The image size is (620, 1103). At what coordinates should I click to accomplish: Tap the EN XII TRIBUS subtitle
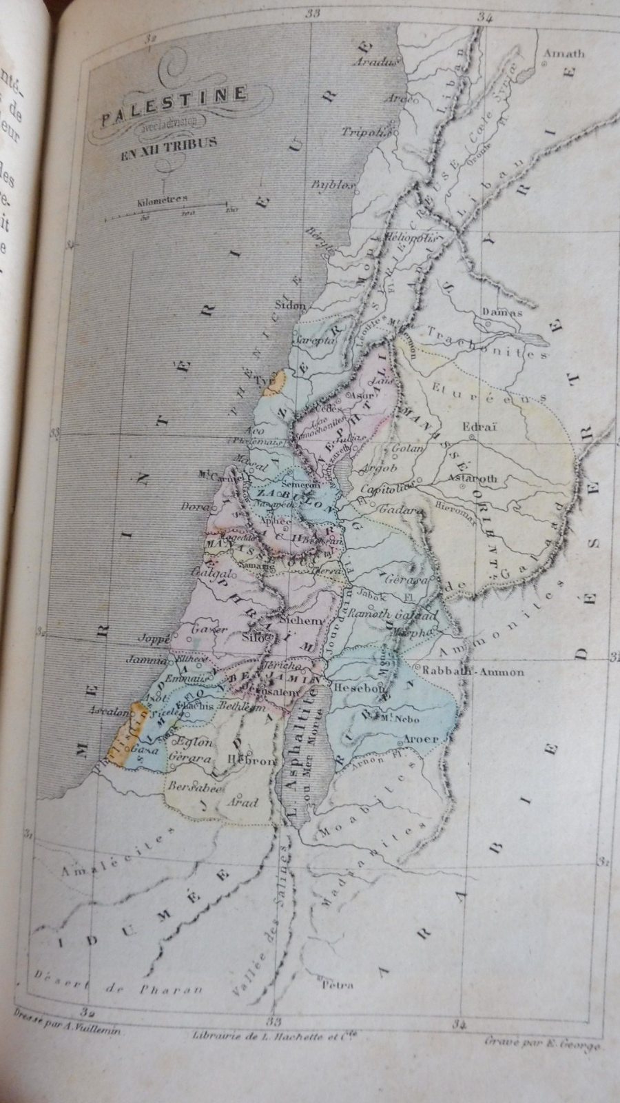tap(169, 143)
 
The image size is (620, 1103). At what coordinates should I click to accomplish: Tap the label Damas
tap(502, 312)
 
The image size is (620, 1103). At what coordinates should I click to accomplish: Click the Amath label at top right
tap(564, 53)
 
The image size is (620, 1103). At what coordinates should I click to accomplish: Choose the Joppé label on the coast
tap(154, 638)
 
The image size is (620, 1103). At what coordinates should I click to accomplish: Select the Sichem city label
tap(300, 620)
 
